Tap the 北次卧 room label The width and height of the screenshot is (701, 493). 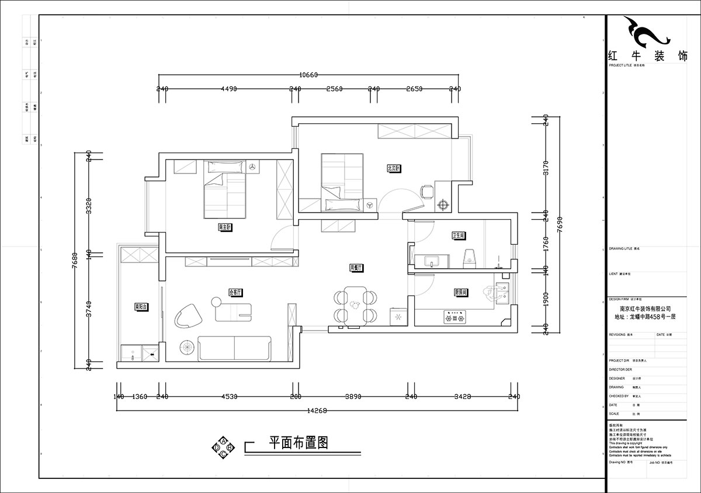point(393,169)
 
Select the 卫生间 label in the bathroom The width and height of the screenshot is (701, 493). point(458,236)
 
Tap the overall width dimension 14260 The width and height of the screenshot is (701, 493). point(316,411)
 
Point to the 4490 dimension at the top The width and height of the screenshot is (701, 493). point(228,89)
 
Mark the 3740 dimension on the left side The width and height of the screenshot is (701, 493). point(89,308)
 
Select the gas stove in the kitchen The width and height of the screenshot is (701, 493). point(456,318)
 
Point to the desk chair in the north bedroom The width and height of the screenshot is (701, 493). point(427,190)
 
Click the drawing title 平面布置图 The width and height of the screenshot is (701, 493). point(298,443)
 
